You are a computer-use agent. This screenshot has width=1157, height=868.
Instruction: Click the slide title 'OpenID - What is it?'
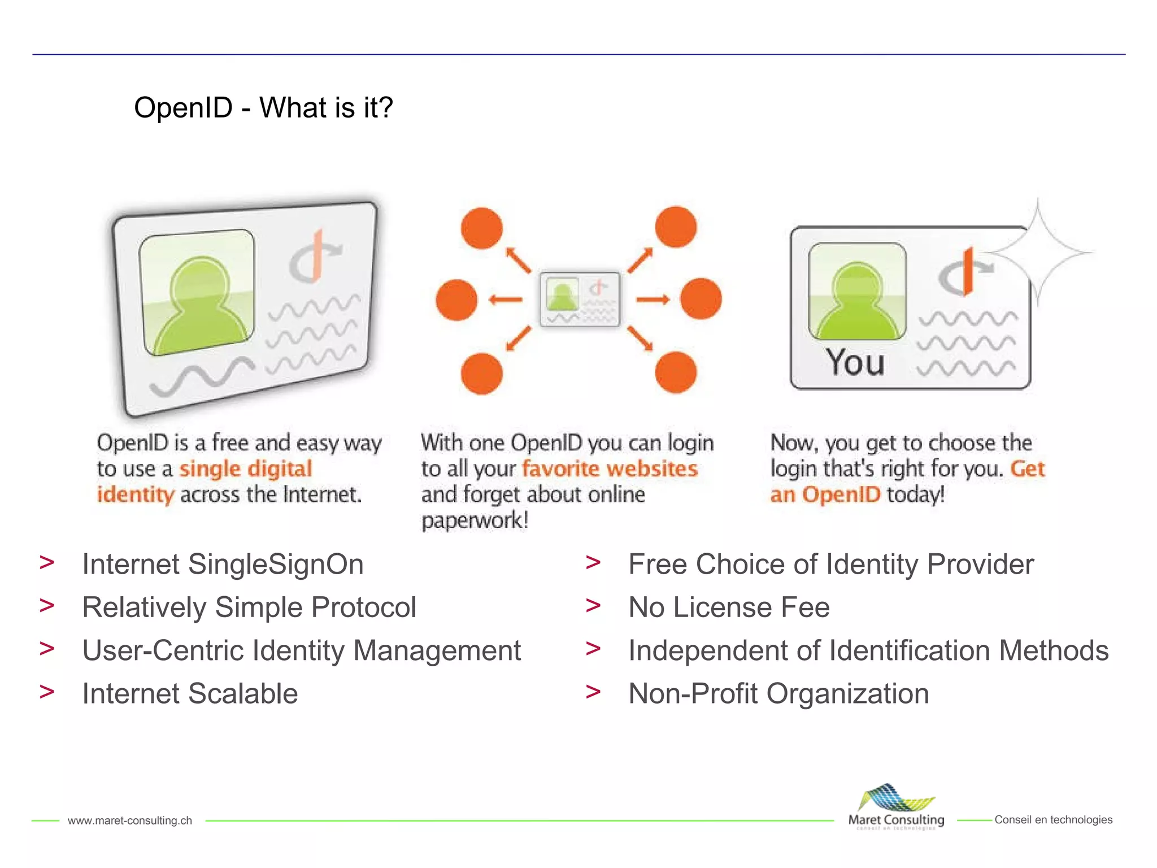263,107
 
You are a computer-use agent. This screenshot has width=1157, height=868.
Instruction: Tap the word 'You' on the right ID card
855,362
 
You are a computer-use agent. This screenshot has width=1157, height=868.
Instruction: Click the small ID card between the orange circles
580,300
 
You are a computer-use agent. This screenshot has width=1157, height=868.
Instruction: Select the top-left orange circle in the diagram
481,228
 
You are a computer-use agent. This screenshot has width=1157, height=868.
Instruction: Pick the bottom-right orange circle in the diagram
676,372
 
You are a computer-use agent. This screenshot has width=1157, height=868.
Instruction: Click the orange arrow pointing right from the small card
653,300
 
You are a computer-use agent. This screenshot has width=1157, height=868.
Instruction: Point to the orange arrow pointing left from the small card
506,300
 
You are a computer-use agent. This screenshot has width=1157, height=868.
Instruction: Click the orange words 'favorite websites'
610,469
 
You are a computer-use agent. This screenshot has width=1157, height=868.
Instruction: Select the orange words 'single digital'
245,469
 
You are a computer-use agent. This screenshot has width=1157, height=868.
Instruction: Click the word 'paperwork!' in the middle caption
475,520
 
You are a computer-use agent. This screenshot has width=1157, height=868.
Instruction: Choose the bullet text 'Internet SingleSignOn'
223,564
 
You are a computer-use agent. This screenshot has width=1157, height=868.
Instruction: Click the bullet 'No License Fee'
729,607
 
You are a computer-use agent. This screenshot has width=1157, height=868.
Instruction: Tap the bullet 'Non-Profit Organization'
778,693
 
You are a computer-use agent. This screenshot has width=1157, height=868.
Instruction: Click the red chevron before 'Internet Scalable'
47,691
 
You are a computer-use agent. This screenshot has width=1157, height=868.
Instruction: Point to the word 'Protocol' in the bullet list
364,607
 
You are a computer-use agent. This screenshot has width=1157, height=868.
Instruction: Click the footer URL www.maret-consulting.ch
130,821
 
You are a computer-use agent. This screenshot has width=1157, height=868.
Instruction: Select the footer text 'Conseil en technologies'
1053,819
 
